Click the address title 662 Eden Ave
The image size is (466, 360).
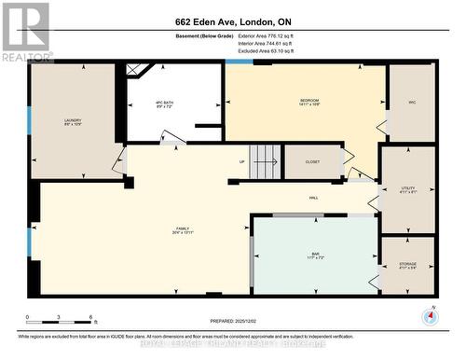pyautogui.click(x=233, y=21)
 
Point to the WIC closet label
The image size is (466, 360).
pyautogui.click(x=412, y=103)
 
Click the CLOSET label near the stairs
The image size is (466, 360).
pyautogui.click(x=312, y=161)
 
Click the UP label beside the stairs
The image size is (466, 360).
pyautogui.click(x=242, y=161)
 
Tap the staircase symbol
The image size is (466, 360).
pyautogui.click(x=265, y=159)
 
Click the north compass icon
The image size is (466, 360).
pyautogui.click(x=430, y=316)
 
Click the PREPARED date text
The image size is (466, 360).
pyautogui.click(x=233, y=320)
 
